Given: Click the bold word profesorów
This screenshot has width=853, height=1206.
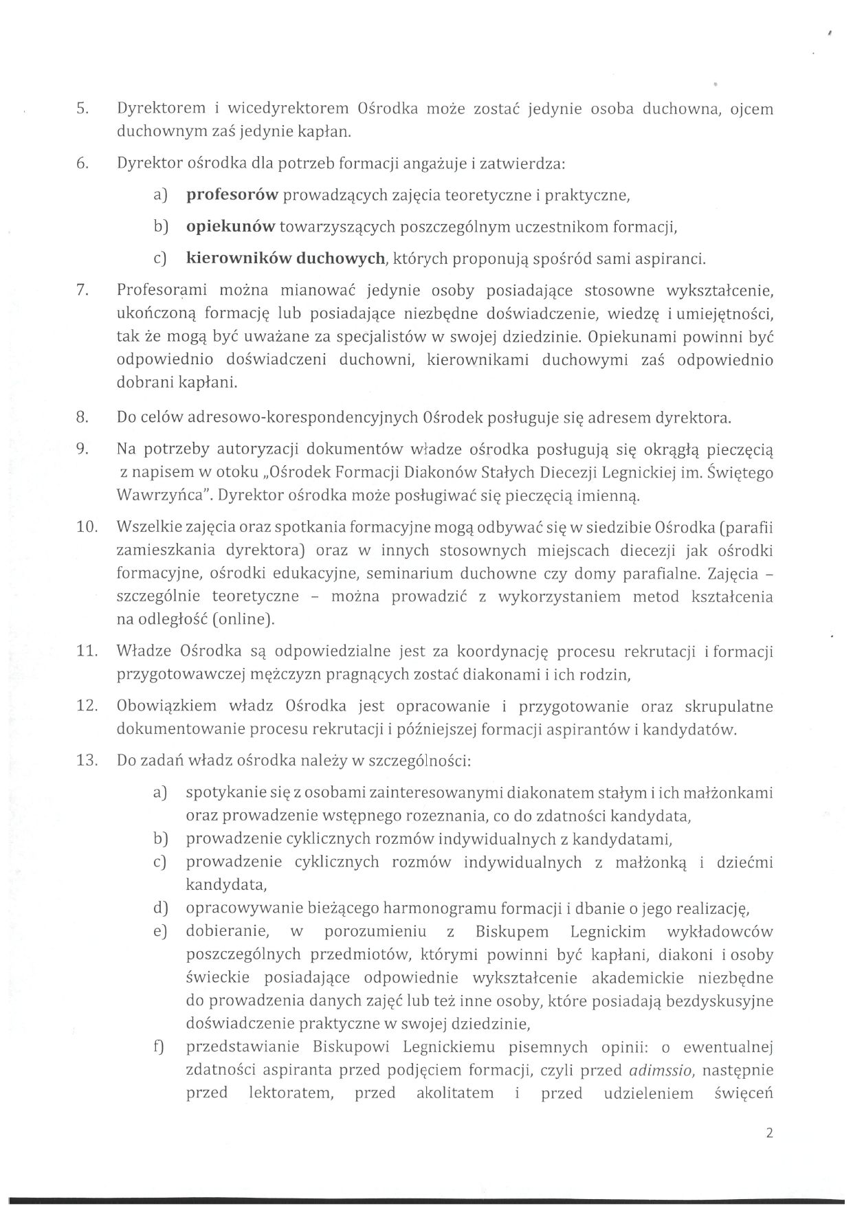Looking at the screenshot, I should [x=232, y=195].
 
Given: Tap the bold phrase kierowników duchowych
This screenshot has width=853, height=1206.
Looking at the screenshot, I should [x=285, y=259].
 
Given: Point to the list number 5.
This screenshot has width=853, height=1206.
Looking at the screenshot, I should [x=82, y=109].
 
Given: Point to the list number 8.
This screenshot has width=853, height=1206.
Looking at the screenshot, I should [x=82, y=418].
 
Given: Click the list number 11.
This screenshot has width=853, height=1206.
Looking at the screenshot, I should [x=85, y=651].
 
